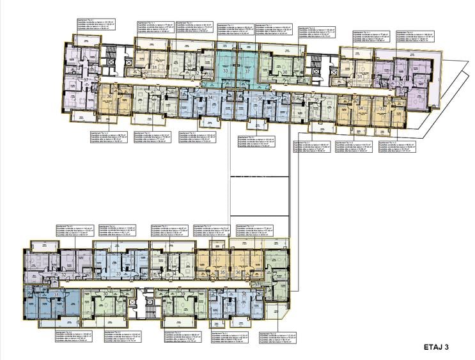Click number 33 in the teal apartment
click(225, 72)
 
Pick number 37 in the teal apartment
click(247, 72)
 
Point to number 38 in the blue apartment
click(245, 294)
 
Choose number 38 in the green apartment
click(284, 73)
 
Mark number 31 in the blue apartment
click(57, 295)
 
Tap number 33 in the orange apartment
click(382, 108)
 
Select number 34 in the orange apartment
click(361, 108)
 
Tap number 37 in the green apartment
click(256, 284)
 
